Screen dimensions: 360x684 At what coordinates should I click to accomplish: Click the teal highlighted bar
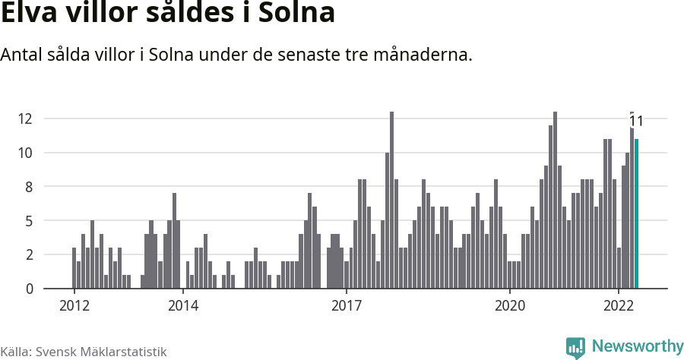tap(637, 214)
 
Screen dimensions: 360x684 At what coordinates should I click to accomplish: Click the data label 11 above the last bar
tap(637, 121)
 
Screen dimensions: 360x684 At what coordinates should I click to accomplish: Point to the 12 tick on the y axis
tap(25, 118)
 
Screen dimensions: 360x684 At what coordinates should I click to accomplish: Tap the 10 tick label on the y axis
tap(25, 153)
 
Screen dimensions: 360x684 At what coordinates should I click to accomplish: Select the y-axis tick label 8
tap(28, 187)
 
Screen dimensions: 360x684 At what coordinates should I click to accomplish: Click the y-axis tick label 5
tap(28, 221)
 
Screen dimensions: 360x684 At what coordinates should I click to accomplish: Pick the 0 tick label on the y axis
tap(28, 289)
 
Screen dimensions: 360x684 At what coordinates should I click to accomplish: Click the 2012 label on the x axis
tap(74, 305)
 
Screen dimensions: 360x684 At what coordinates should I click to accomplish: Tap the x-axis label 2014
tap(182, 305)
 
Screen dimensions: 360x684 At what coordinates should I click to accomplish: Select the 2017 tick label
tap(346, 305)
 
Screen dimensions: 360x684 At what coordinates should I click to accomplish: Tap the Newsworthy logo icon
tap(575, 347)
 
